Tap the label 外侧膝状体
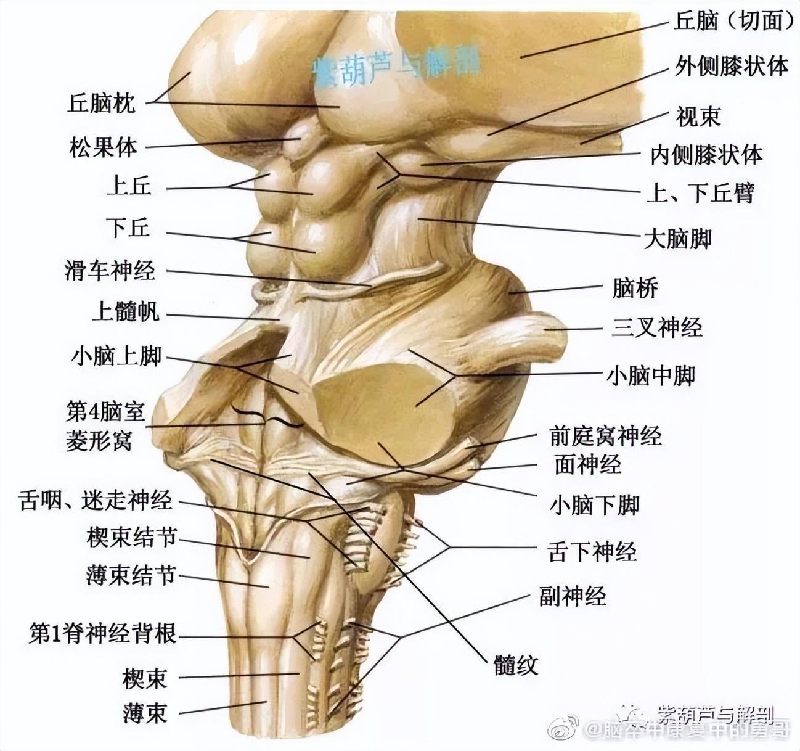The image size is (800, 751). coord(732,65)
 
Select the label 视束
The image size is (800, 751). coord(698,116)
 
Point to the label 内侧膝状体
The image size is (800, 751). coord(706,155)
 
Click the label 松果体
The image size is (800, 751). coord(103,147)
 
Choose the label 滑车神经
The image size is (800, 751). coord(110,271)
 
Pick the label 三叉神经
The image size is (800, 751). coord(657,327)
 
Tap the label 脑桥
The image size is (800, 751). coord(635,288)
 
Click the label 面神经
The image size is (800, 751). coord(587,465)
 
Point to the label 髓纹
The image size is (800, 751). coord(516,664)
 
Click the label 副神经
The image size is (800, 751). coord(573,596)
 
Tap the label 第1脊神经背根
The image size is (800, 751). coord(103,633)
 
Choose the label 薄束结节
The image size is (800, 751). coord(131,576)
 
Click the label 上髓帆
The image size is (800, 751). coord(125,312)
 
